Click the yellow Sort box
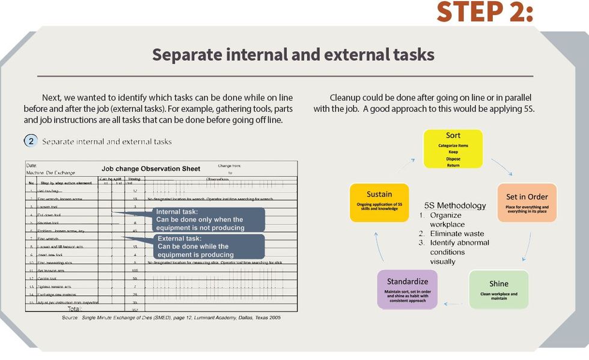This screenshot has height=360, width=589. tap(453, 148)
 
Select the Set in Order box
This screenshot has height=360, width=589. tap(526, 202)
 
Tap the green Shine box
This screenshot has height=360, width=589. tap(498, 289)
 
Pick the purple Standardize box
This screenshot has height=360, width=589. tap(407, 288)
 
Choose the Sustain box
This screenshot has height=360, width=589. tap(379, 202)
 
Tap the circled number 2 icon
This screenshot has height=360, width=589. tap(31, 141)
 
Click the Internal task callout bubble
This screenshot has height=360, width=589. tap(207, 219)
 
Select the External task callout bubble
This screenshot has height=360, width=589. tap(207, 246)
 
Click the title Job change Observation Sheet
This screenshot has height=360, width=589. tap(151, 169)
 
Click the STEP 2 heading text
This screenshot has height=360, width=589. tap(484, 12)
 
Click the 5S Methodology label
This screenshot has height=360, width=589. tap(455, 206)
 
